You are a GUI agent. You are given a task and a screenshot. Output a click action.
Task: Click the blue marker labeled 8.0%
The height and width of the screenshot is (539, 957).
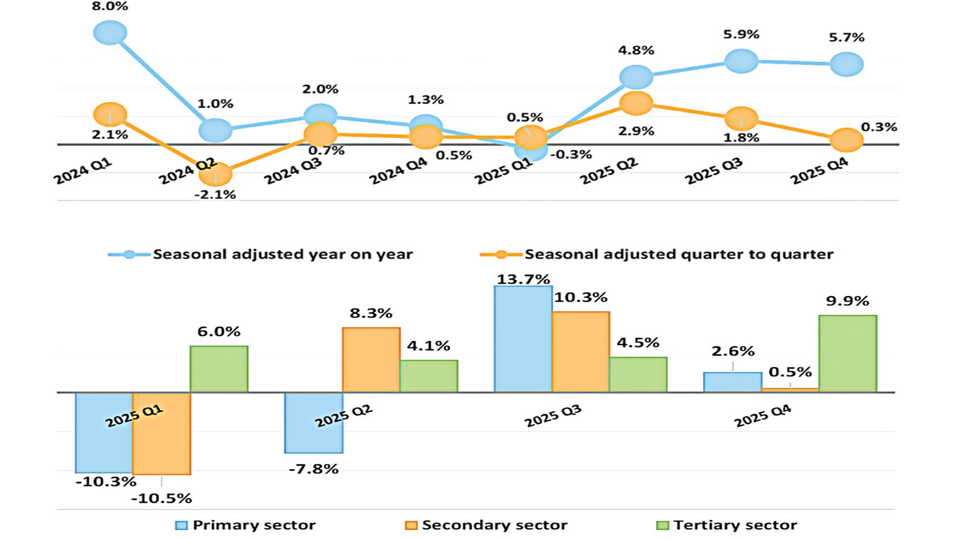(x=110, y=32)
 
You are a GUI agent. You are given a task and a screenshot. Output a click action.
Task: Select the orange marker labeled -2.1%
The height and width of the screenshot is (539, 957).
(x=215, y=175)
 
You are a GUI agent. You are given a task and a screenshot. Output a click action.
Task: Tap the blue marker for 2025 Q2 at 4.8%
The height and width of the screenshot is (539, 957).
(x=636, y=77)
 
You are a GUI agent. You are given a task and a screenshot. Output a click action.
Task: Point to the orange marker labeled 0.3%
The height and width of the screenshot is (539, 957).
(x=846, y=140)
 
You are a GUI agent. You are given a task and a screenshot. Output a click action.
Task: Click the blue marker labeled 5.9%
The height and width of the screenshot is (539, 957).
(x=741, y=61)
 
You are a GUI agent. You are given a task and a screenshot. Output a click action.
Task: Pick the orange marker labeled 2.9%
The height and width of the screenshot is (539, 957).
(x=636, y=103)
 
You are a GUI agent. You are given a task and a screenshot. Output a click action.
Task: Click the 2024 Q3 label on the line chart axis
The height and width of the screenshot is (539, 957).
(x=293, y=171)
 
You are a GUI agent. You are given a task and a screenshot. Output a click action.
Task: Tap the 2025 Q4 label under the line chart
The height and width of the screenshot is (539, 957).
(x=819, y=171)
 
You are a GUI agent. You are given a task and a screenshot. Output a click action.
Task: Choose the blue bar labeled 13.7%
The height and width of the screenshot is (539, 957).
(x=523, y=339)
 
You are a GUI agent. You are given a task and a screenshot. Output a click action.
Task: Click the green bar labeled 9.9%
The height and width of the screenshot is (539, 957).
(x=847, y=354)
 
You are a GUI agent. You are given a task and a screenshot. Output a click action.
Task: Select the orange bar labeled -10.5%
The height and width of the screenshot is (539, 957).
(x=161, y=433)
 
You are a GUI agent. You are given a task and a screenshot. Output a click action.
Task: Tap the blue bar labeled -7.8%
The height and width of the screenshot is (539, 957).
(x=314, y=422)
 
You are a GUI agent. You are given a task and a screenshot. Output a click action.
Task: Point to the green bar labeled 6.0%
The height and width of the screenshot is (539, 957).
(x=219, y=368)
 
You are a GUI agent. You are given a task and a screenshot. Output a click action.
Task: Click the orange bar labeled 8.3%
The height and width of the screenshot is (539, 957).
(x=371, y=359)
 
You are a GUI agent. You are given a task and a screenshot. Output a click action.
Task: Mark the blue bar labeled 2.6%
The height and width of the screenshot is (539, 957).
(x=733, y=382)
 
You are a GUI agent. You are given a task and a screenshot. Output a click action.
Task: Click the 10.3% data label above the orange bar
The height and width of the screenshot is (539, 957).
(x=580, y=297)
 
